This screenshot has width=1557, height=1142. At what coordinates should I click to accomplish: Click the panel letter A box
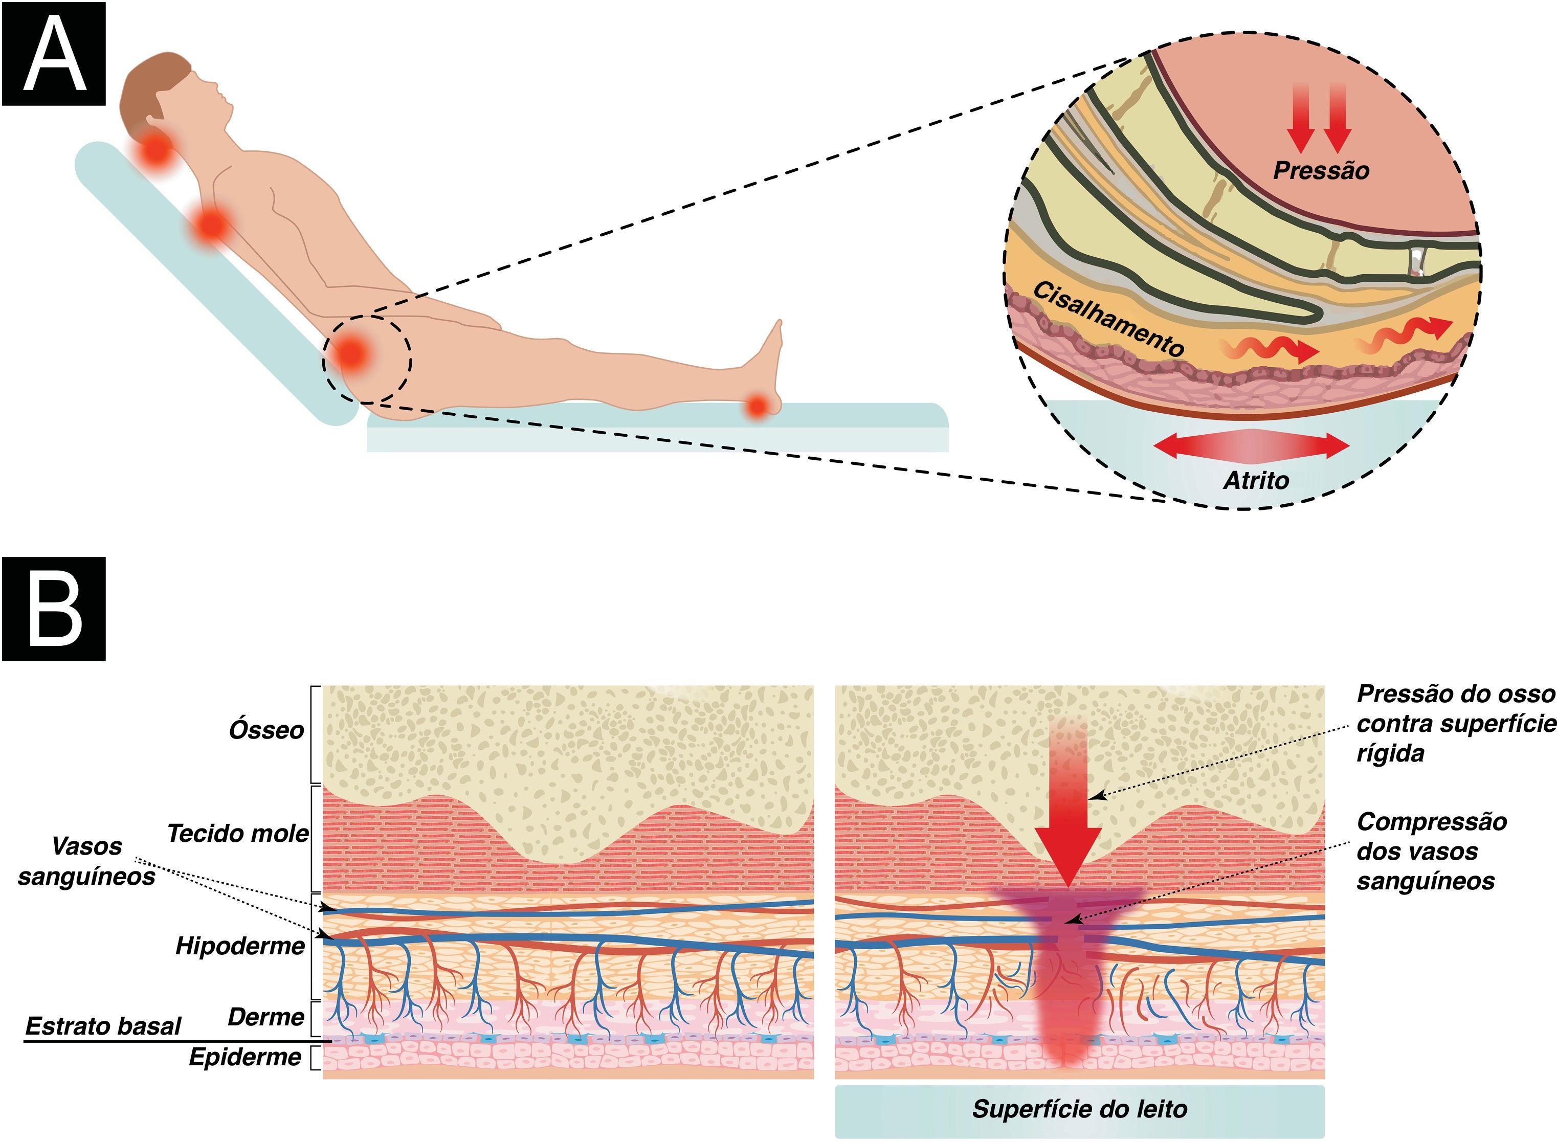[54, 54]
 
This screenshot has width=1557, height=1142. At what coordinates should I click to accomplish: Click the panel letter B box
[54, 608]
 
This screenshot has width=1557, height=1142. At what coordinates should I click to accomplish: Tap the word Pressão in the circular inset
[1321, 171]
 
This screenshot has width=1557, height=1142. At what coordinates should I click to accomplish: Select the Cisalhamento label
[1108, 319]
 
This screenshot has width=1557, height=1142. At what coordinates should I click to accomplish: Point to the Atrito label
[1256, 480]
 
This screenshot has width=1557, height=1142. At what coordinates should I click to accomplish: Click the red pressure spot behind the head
[156, 149]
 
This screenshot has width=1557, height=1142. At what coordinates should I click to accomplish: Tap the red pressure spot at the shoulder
[210, 226]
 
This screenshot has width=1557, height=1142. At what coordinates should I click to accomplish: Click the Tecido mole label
[237, 833]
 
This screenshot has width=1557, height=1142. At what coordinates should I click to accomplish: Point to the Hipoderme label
[240, 946]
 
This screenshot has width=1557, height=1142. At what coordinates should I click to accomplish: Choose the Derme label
[265, 1017]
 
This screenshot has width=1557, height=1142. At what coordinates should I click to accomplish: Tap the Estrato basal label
[103, 1026]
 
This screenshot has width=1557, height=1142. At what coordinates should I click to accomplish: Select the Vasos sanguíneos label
[86, 861]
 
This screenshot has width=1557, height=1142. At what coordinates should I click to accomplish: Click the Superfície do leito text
[1079, 1109]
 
